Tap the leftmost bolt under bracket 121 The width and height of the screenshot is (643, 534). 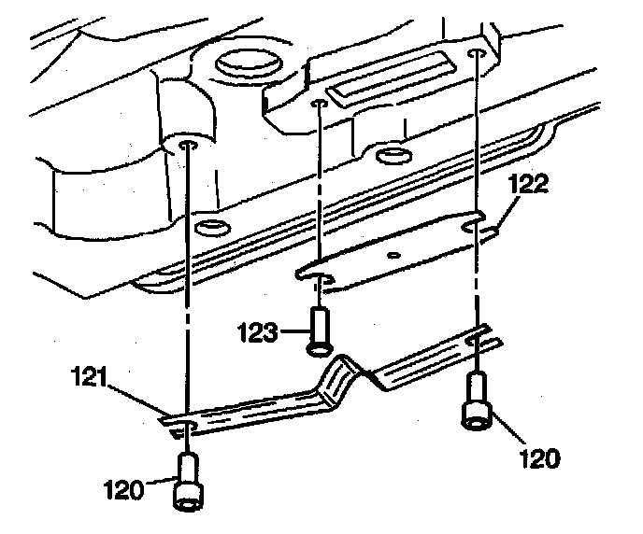click(x=188, y=483)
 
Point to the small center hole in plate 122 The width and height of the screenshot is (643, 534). click(x=395, y=253)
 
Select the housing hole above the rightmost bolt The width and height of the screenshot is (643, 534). click(x=476, y=54)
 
